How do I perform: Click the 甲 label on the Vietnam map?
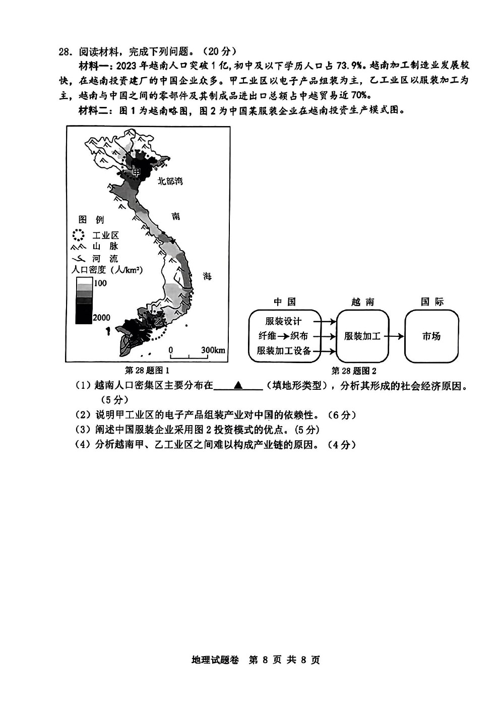pyautogui.click(x=137, y=172)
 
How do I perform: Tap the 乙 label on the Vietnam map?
pyautogui.click(x=159, y=321)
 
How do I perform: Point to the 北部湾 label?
pyautogui.click(x=170, y=181)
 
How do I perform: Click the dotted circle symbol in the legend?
pyautogui.click(x=78, y=235)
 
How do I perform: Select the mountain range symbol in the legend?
pyautogui.click(x=78, y=247)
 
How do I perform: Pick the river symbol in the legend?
pyautogui.click(x=79, y=259)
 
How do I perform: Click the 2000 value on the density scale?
pyautogui.click(x=101, y=318)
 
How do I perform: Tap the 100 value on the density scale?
pyautogui.click(x=100, y=283)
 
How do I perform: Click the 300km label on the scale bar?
pyautogui.click(x=213, y=350)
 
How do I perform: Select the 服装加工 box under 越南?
pyautogui.click(x=362, y=336)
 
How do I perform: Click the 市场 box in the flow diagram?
pyautogui.click(x=431, y=336)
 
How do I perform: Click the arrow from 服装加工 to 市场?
pyautogui.click(x=396, y=336)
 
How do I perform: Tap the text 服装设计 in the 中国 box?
pyautogui.click(x=283, y=321)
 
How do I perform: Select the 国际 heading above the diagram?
pyautogui.click(x=432, y=302)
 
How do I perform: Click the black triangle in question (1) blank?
pyautogui.click(x=238, y=385)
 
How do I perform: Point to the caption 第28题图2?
pyautogui.click(x=354, y=371)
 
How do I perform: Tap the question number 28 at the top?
pyautogui.click(x=63, y=51)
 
